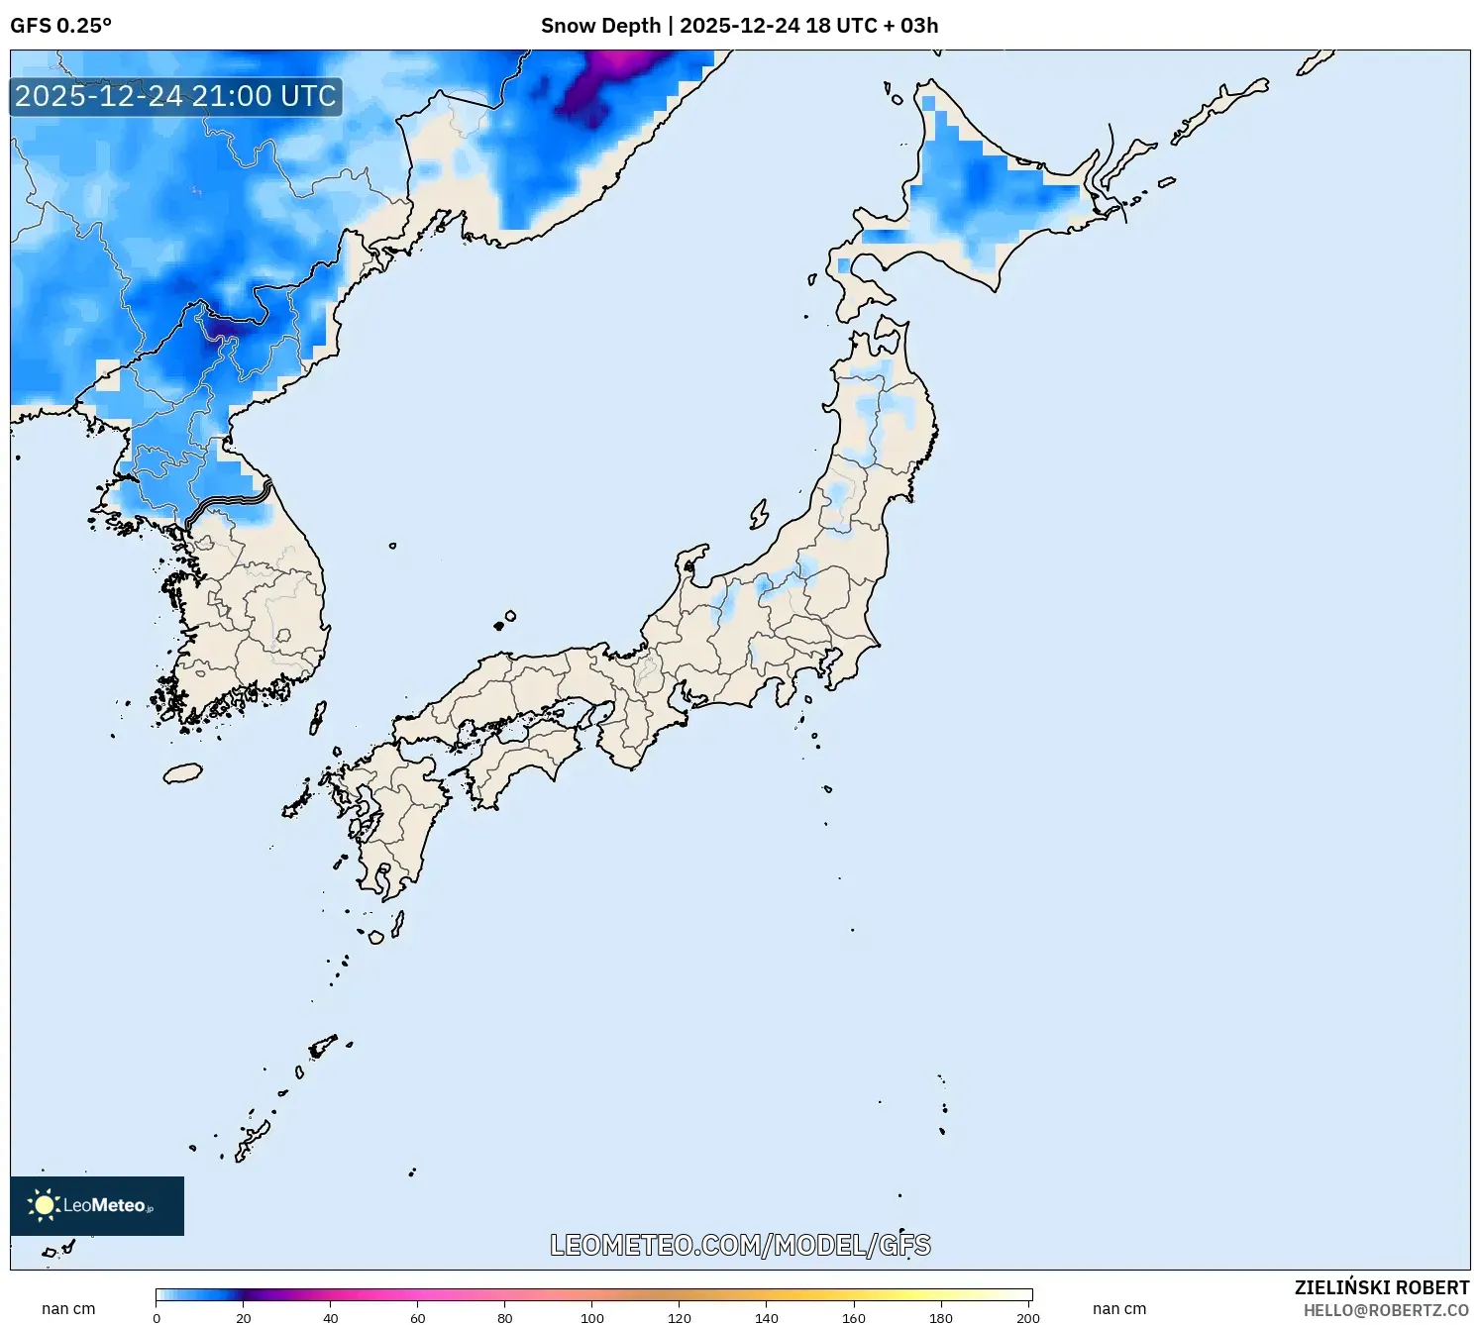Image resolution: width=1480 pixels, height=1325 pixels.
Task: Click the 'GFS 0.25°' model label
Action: click(x=60, y=26)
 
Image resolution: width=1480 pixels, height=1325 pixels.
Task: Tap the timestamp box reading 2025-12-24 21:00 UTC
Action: click(x=175, y=97)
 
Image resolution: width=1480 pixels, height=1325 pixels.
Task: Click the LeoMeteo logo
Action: click(x=96, y=1205)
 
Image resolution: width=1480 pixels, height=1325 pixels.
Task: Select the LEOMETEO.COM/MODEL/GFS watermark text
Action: click(x=740, y=1245)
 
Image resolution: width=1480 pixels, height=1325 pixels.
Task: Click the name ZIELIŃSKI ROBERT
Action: click(x=1381, y=1287)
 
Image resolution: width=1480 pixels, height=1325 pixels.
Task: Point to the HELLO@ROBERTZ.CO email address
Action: click(x=1386, y=1310)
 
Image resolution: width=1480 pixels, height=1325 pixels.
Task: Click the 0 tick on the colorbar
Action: click(x=157, y=1318)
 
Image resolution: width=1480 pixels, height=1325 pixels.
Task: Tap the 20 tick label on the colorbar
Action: click(x=244, y=1318)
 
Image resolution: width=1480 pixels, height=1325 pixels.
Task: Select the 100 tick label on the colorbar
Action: click(x=592, y=1318)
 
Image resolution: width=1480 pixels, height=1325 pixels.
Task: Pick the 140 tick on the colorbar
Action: click(x=767, y=1318)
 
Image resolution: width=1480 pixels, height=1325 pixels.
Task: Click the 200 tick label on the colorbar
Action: click(x=1028, y=1318)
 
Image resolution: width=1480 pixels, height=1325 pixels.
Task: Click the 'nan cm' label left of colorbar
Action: click(x=68, y=1309)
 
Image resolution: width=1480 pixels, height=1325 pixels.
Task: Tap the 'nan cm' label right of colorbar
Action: click(x=1119, y=1309)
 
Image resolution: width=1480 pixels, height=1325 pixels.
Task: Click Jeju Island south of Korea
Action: click(x=182, y=772)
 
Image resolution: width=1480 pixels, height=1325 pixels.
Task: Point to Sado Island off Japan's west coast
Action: click(x=759, y=514)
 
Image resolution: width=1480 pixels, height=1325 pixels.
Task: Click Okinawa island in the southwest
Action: click(x=253, y=1139)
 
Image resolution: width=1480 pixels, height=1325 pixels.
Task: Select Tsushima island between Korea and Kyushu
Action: click(x=317, y=717)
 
